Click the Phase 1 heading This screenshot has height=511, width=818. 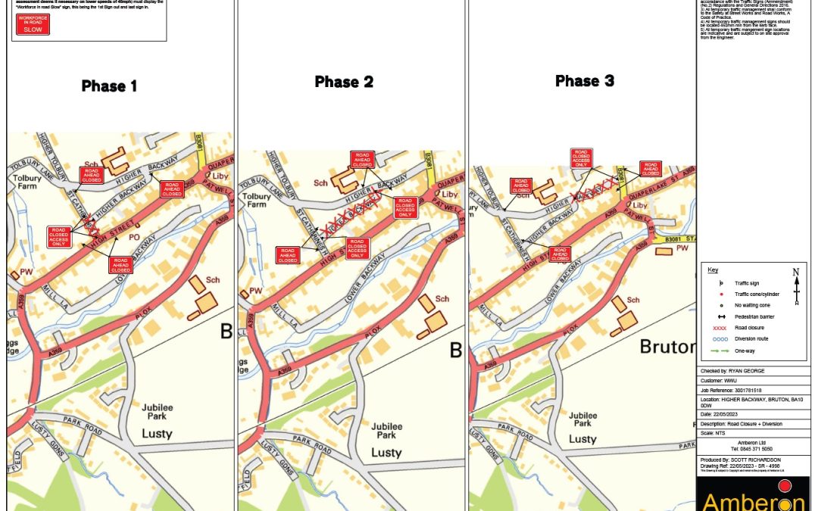(x=109, y=86)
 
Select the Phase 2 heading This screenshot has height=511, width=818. (x=344, y=83)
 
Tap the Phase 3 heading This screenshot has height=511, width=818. (x=584, y=81)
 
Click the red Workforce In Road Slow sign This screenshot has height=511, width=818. (x=33, y=23)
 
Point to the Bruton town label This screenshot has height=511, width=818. (x=667, y=347)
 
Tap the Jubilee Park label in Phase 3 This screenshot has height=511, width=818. (x=582, y=419)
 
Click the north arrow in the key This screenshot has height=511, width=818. (x=796, y=288)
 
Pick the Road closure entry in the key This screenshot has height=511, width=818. (x=749, y=328)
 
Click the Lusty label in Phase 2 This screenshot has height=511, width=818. (x=386, y=452)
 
